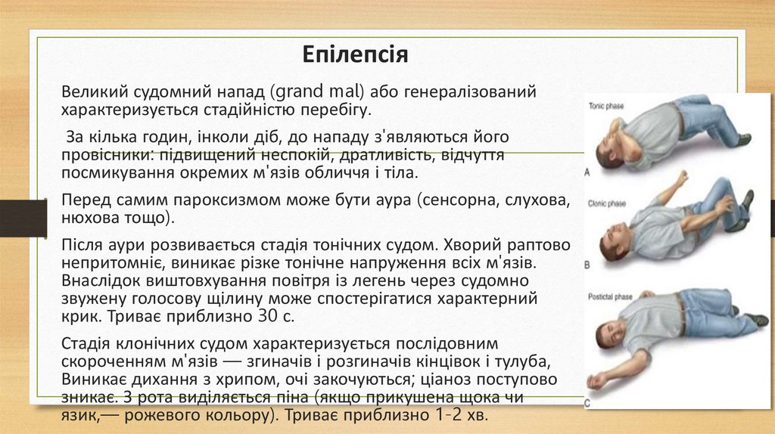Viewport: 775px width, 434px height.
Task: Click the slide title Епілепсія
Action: pos(355,55)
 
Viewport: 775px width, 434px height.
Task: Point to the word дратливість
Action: pos(360,156)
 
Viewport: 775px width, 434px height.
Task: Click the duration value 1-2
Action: pos(452,417)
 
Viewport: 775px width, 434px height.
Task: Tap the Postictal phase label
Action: pos(611,297)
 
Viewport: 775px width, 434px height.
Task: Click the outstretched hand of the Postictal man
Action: pos(598,380)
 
